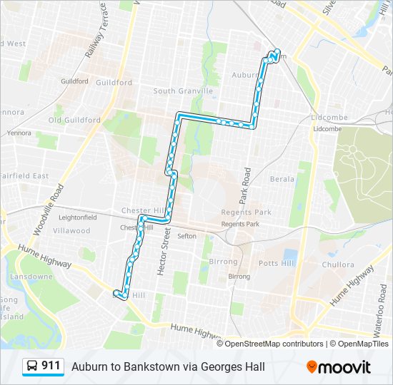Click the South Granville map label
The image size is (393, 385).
tap(183, 91)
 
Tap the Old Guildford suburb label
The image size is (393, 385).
tap(74, 120)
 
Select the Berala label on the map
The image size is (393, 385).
tap(282, 179)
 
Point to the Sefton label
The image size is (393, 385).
tap(186, 236)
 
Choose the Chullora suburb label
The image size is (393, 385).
tap(338, 265)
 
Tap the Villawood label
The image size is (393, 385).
tap(71, 230)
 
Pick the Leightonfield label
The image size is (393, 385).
tap(77, 217)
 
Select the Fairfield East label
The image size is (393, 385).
tap(24, 175)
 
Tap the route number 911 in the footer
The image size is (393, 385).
tap(51, 366)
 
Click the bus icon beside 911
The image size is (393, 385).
tap(32, 366)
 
